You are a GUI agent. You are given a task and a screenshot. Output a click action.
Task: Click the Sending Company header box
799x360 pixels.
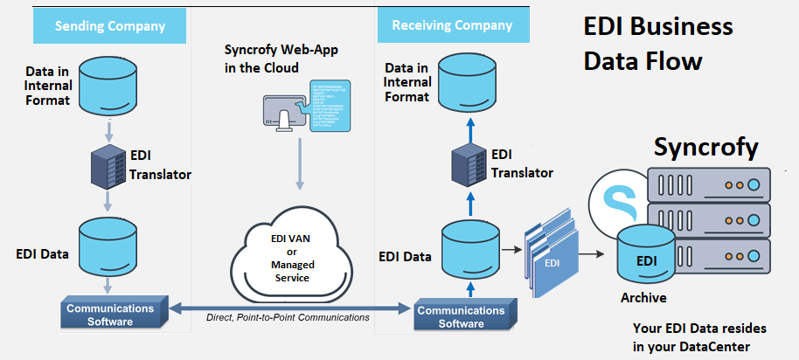pyautogui.click(x=110, y=25)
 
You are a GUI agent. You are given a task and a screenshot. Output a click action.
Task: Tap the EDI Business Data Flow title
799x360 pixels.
pyautogui.click(x=658, y=45)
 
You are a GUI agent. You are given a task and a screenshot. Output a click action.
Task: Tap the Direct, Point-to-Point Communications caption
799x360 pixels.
pyautogui.click(x=288, y=317)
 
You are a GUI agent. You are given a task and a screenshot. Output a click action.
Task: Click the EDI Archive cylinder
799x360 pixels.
pyautogui.click(x=647, y=255)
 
